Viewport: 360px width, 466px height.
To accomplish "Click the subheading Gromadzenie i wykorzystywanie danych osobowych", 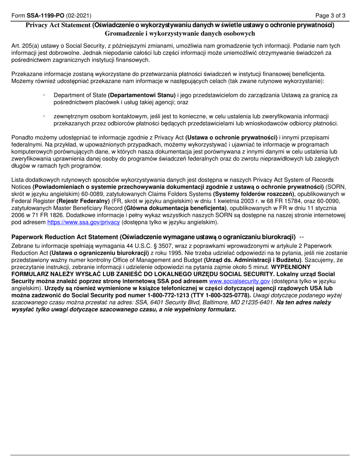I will point(180,33).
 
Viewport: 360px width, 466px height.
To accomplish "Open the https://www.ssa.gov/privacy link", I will point(83,222).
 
